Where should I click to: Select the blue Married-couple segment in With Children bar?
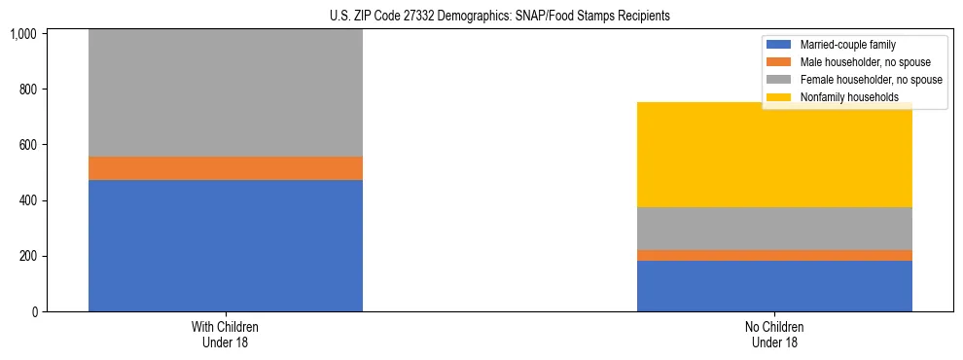point(225,245)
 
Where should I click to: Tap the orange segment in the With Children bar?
point(225,168)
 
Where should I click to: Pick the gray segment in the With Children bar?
point(225,93)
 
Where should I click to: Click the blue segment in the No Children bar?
point(774,286)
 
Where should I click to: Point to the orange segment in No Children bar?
point(774,255)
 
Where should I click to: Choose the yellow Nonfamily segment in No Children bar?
point(774,155)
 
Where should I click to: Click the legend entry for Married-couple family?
point(847,45)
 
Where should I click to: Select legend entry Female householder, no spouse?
point(868,80)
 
